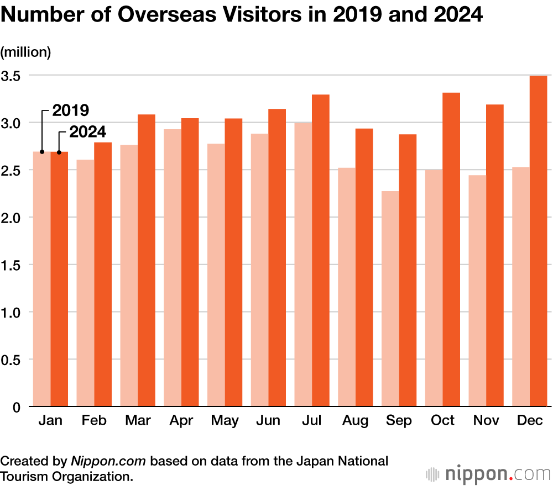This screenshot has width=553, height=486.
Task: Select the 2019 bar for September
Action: [x=390, y=299]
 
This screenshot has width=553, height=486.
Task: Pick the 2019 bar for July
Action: [x=303, y=265]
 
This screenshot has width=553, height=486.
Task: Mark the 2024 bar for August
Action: [x=364, y=268]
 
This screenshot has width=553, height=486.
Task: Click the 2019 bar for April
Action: [x=173, y=268]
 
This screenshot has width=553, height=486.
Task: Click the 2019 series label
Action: [x=71, y=110]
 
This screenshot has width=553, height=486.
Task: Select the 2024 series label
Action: [x=87, y=133]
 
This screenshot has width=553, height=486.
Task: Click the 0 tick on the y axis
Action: [x=17, y=408]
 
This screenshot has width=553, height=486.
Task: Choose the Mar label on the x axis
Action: [x=138, y=421]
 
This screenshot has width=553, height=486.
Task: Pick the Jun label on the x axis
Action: [x=268, y=421]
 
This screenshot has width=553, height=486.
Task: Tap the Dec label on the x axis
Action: [x=529, y=421]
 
